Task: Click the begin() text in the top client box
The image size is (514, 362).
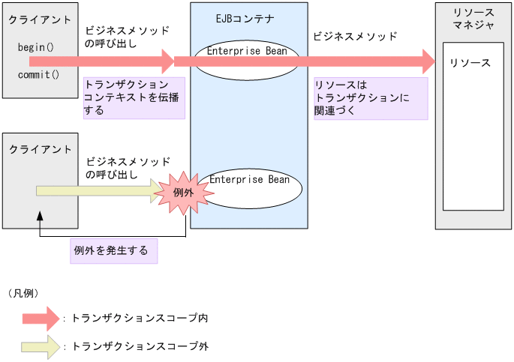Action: (35, 47)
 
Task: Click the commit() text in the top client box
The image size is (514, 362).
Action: (38, 75)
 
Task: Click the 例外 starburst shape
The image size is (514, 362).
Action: (184, 193)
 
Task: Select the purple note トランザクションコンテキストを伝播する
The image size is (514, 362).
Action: (134, 97)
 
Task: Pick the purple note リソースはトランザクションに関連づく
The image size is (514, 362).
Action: (371, 98)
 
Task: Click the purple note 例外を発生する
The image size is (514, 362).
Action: (114, 250)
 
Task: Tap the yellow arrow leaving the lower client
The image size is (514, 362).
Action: (98, 191)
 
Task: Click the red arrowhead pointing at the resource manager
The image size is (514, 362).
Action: (428, 61)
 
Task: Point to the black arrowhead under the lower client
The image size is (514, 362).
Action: (39, 216)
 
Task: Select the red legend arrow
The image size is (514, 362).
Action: (41, 319)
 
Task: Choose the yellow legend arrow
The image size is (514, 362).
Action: (41, 346)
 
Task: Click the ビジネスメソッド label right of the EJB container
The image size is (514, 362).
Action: (354, 36)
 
